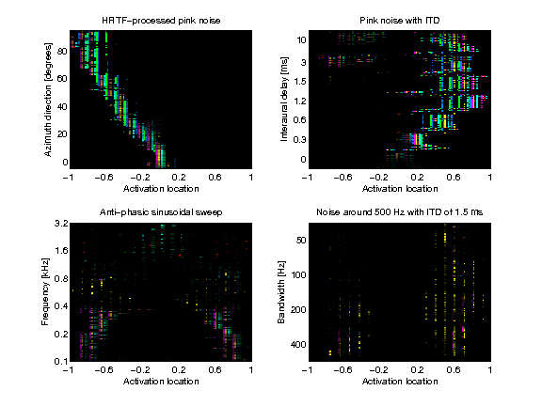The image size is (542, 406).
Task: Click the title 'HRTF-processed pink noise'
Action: tap(160, 21)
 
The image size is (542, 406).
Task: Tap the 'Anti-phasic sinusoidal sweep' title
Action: tap(160, 213)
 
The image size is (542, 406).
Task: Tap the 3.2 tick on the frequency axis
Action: tap(57, 224)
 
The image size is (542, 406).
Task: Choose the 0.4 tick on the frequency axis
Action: tap(57, 306)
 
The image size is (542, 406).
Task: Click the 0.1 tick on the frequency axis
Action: tap(57, 361)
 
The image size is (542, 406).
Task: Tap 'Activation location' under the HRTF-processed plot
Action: tap(160, 188)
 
